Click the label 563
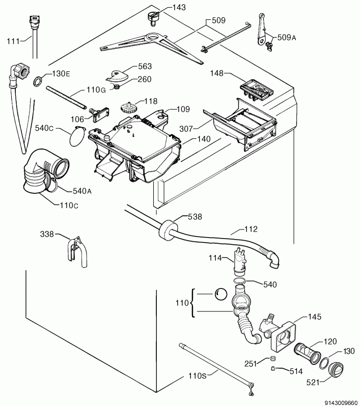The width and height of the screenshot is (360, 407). tap(145, 67)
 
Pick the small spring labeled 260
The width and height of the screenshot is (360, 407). tap(116, 88)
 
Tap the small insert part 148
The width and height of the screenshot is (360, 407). tap(256, 90)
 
